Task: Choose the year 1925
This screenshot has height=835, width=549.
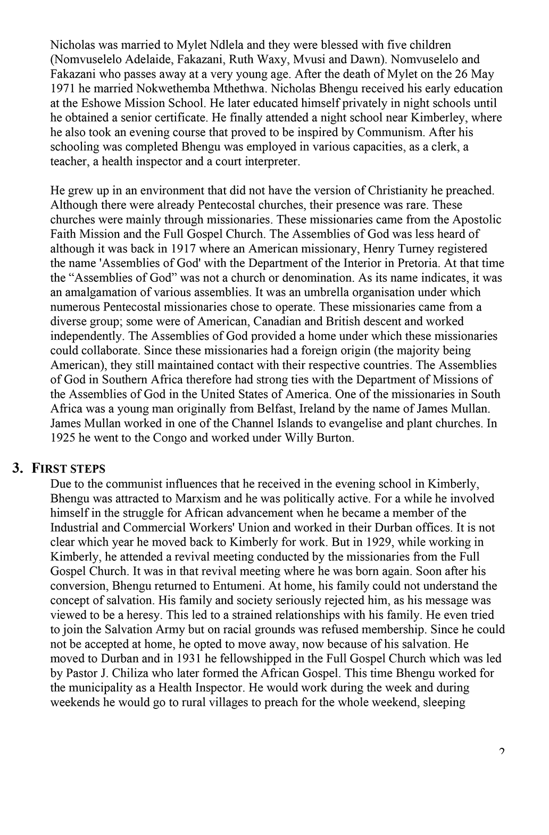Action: coord(63,438)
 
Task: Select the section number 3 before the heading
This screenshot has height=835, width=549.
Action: coord(18,468)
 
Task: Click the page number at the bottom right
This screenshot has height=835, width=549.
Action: coord(502,751)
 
